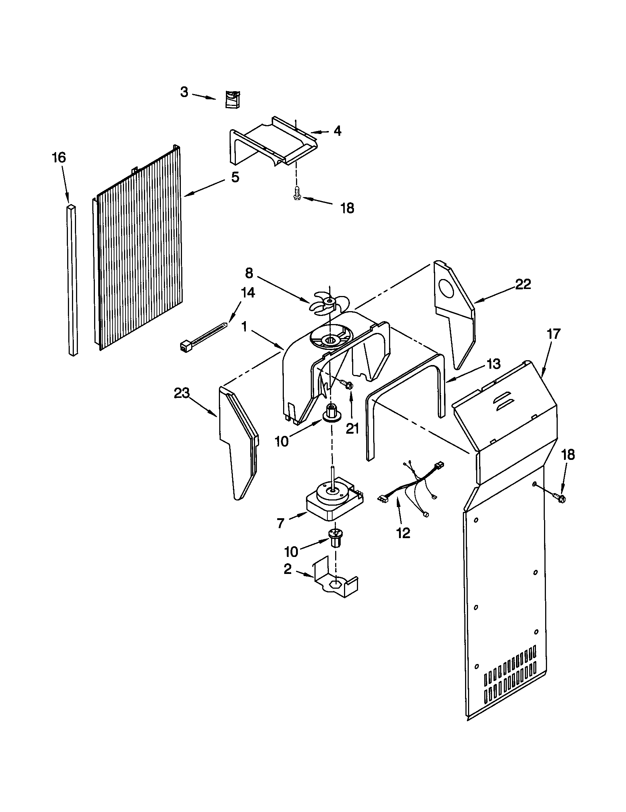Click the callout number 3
tap(185, 92)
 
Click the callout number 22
tap(523, 284)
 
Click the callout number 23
tap(182, 393)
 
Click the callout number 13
tap(493, 364)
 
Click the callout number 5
tap(235, 177)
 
